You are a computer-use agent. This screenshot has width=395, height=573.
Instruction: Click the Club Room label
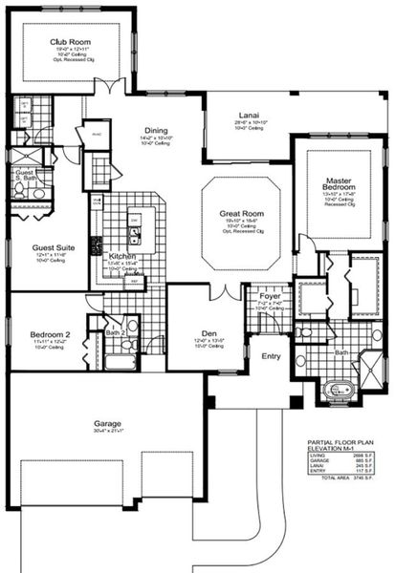pyautogui.click(x=70, y=42)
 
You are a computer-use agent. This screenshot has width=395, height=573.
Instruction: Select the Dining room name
pyautogui.click(x=156, y=131)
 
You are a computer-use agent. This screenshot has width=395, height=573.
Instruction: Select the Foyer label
pyautogui.click(x=270, y=296)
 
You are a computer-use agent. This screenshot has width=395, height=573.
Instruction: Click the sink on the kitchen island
pyautogui.click(x=136, y=229)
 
